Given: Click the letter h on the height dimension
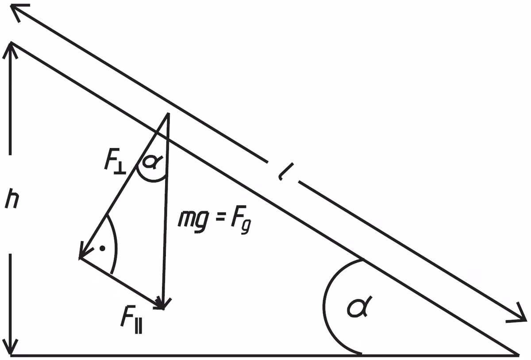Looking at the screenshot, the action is [12, 199].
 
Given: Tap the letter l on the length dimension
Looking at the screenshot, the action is [285, 172].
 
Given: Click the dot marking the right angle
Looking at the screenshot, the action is [102, 249].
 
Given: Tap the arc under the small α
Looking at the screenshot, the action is [152, 180].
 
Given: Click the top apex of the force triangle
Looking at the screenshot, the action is [168, 114].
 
